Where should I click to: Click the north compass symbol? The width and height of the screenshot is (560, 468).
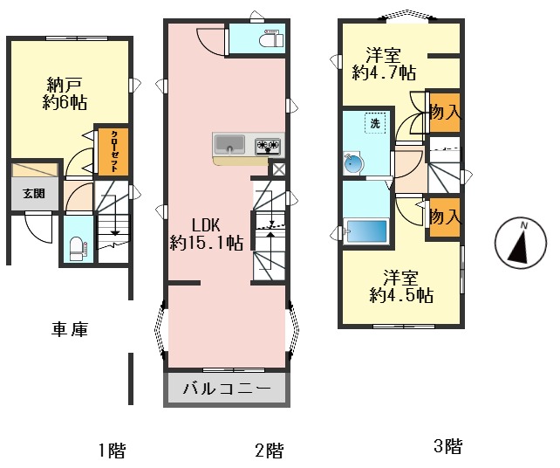518,244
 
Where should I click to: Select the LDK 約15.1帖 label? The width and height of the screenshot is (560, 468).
206,233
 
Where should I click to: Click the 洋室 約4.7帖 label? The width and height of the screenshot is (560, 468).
383,63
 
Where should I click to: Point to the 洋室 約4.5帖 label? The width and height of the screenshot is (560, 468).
400,287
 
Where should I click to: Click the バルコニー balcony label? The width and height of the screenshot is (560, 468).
226,389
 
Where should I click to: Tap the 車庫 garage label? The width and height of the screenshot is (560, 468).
70,329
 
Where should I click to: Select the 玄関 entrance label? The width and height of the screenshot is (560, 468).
34,194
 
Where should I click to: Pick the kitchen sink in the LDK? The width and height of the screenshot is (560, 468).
231,144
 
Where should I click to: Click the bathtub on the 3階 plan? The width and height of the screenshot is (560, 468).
366,231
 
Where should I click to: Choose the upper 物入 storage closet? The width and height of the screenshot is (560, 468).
444,112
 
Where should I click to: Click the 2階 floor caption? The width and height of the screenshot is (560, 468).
269,451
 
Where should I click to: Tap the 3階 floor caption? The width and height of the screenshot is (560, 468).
447,447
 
